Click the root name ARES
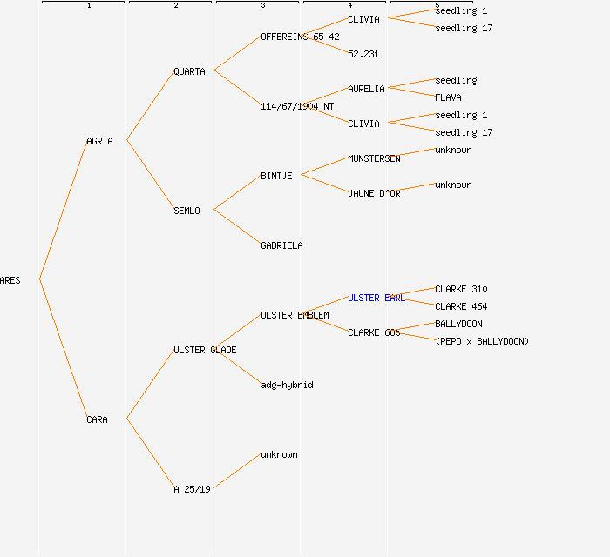click(10, 280)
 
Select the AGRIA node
click(99, 141)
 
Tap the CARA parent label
click(97, 419)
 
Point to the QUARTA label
click(189, 71)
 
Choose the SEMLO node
click(186, 211)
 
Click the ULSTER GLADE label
click(205, 350)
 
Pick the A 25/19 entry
click(192, 489)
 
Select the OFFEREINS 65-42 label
click(300, 37)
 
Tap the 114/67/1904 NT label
click(297, 106)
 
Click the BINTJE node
click(276, 176)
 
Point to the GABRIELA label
click(281, 245)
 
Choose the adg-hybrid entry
click(287, 385)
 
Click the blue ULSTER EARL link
click(376, 298)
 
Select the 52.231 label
click(363, 54)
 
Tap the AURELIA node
click(366, 89)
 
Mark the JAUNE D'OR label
click(374, 193)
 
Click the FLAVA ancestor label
click(448, 97)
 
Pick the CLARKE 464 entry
click(461, 306)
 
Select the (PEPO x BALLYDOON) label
click(482, 341)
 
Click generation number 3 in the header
click(262, 6)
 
